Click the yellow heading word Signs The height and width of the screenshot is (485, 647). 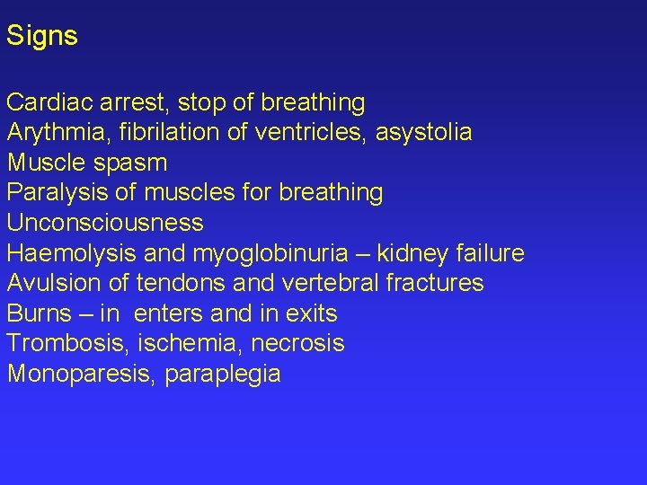click(x=42, y=37)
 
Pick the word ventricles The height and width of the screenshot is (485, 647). click(x=309, y=133)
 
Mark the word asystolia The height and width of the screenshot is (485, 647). click(x=423, y=133)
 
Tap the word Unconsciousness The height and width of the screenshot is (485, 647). click(x=105, y=223)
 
